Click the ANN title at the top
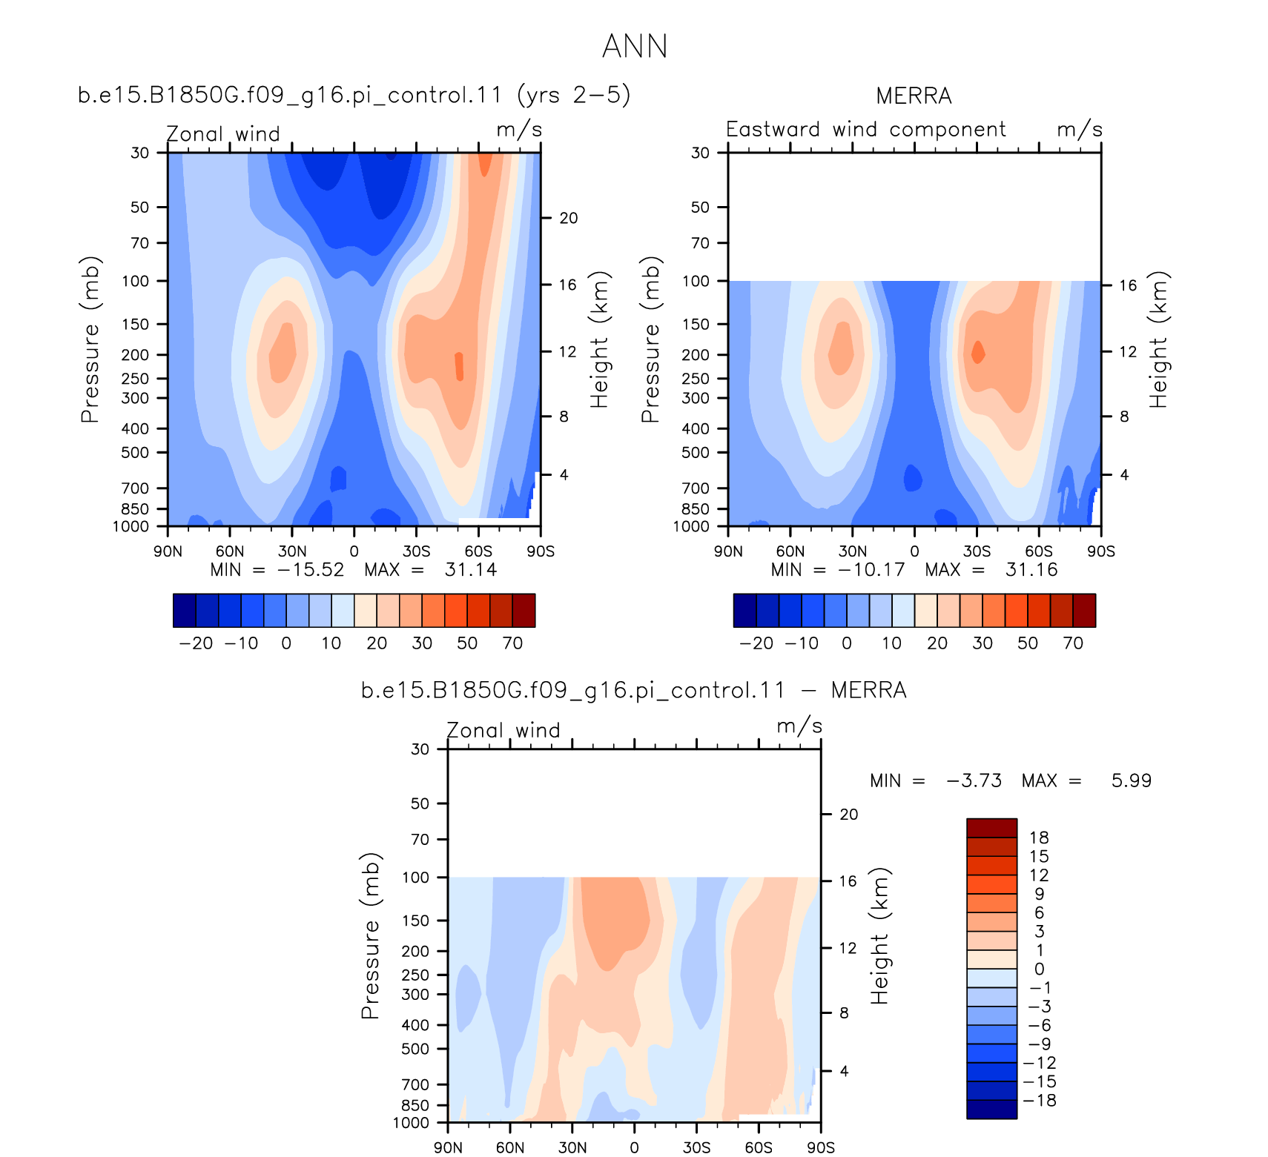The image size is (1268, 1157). click(x=635, y=46)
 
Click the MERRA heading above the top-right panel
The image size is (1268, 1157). click(x=914, y=96)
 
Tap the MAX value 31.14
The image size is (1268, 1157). click(x=471, y=569)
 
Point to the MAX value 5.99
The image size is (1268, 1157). click(x=1132, y=780)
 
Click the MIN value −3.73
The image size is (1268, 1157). click(x=974, y=780)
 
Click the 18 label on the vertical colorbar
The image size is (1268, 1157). click(x=1039, y=838)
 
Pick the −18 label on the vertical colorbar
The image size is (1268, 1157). click(x=1040, y=1101)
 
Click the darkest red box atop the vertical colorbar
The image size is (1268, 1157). click(x=991, y=828)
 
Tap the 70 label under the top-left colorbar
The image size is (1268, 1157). click(x=513, y=643)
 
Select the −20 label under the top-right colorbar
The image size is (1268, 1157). click(x=756, y=643)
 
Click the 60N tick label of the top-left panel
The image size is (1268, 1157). click(x=230, y=551)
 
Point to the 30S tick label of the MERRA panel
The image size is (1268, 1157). click(x=977, y=551)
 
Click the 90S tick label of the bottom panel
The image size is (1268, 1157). click(x=821, y=1147)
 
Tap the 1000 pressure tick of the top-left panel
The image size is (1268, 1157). click(x=131, y=526)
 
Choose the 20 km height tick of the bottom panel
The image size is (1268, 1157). click(x=848, y=815)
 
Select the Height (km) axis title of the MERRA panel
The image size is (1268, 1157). click(x=1158, y=339)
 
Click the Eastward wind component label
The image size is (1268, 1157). click(x=866, y=129)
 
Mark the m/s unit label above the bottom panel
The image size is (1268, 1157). click(x=799, y=726)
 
